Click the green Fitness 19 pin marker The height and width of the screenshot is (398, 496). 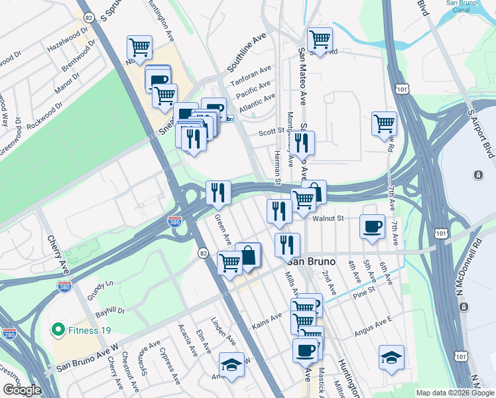click(58, 329)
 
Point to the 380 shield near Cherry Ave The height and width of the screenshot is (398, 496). click(64, 287)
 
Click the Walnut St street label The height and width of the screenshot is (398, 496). click(330, 218)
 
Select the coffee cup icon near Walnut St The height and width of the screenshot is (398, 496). click(372, 226)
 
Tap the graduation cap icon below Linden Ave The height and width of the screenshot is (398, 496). click(231, 364)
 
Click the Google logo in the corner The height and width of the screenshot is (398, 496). click(22, 390)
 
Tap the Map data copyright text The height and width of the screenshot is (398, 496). click(454, 393)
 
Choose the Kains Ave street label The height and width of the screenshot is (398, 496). click(268, 324)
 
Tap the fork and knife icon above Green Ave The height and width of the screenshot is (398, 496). click(218, 192)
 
